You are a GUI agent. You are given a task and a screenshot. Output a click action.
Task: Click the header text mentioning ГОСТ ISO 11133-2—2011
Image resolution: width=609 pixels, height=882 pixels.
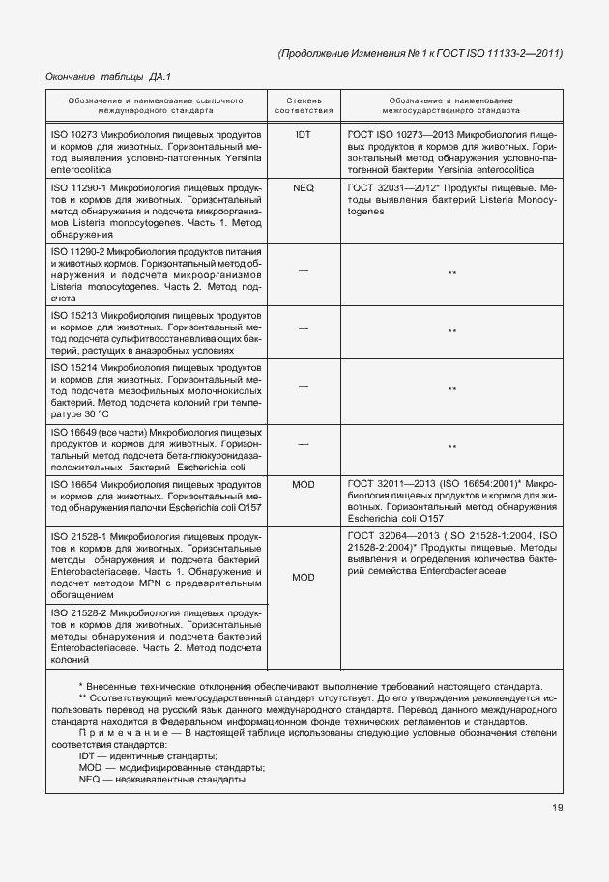click(420, 53)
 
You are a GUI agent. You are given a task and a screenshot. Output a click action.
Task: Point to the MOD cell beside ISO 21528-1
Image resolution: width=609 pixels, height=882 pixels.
click(304, 577)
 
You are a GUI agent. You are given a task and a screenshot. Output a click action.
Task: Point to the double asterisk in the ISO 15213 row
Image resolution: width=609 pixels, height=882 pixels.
click(451, 332)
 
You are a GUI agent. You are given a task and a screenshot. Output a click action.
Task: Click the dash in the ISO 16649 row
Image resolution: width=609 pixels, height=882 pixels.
click(304, 444)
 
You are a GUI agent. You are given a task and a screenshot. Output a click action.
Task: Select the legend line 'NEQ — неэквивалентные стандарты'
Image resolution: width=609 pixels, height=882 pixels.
click(162, 780)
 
